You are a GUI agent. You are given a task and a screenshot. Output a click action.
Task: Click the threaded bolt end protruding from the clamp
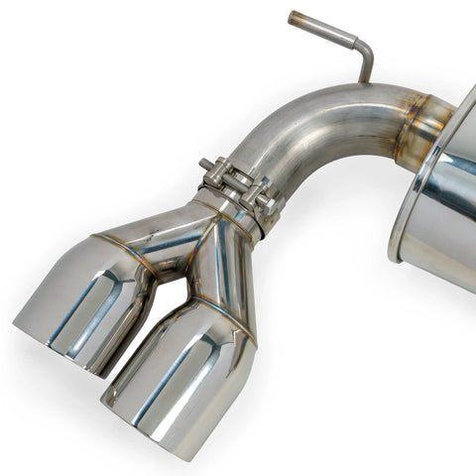205,164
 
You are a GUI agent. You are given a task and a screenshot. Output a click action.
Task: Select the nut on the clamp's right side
266,202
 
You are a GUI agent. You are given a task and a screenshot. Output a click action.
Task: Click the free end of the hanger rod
294,17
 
